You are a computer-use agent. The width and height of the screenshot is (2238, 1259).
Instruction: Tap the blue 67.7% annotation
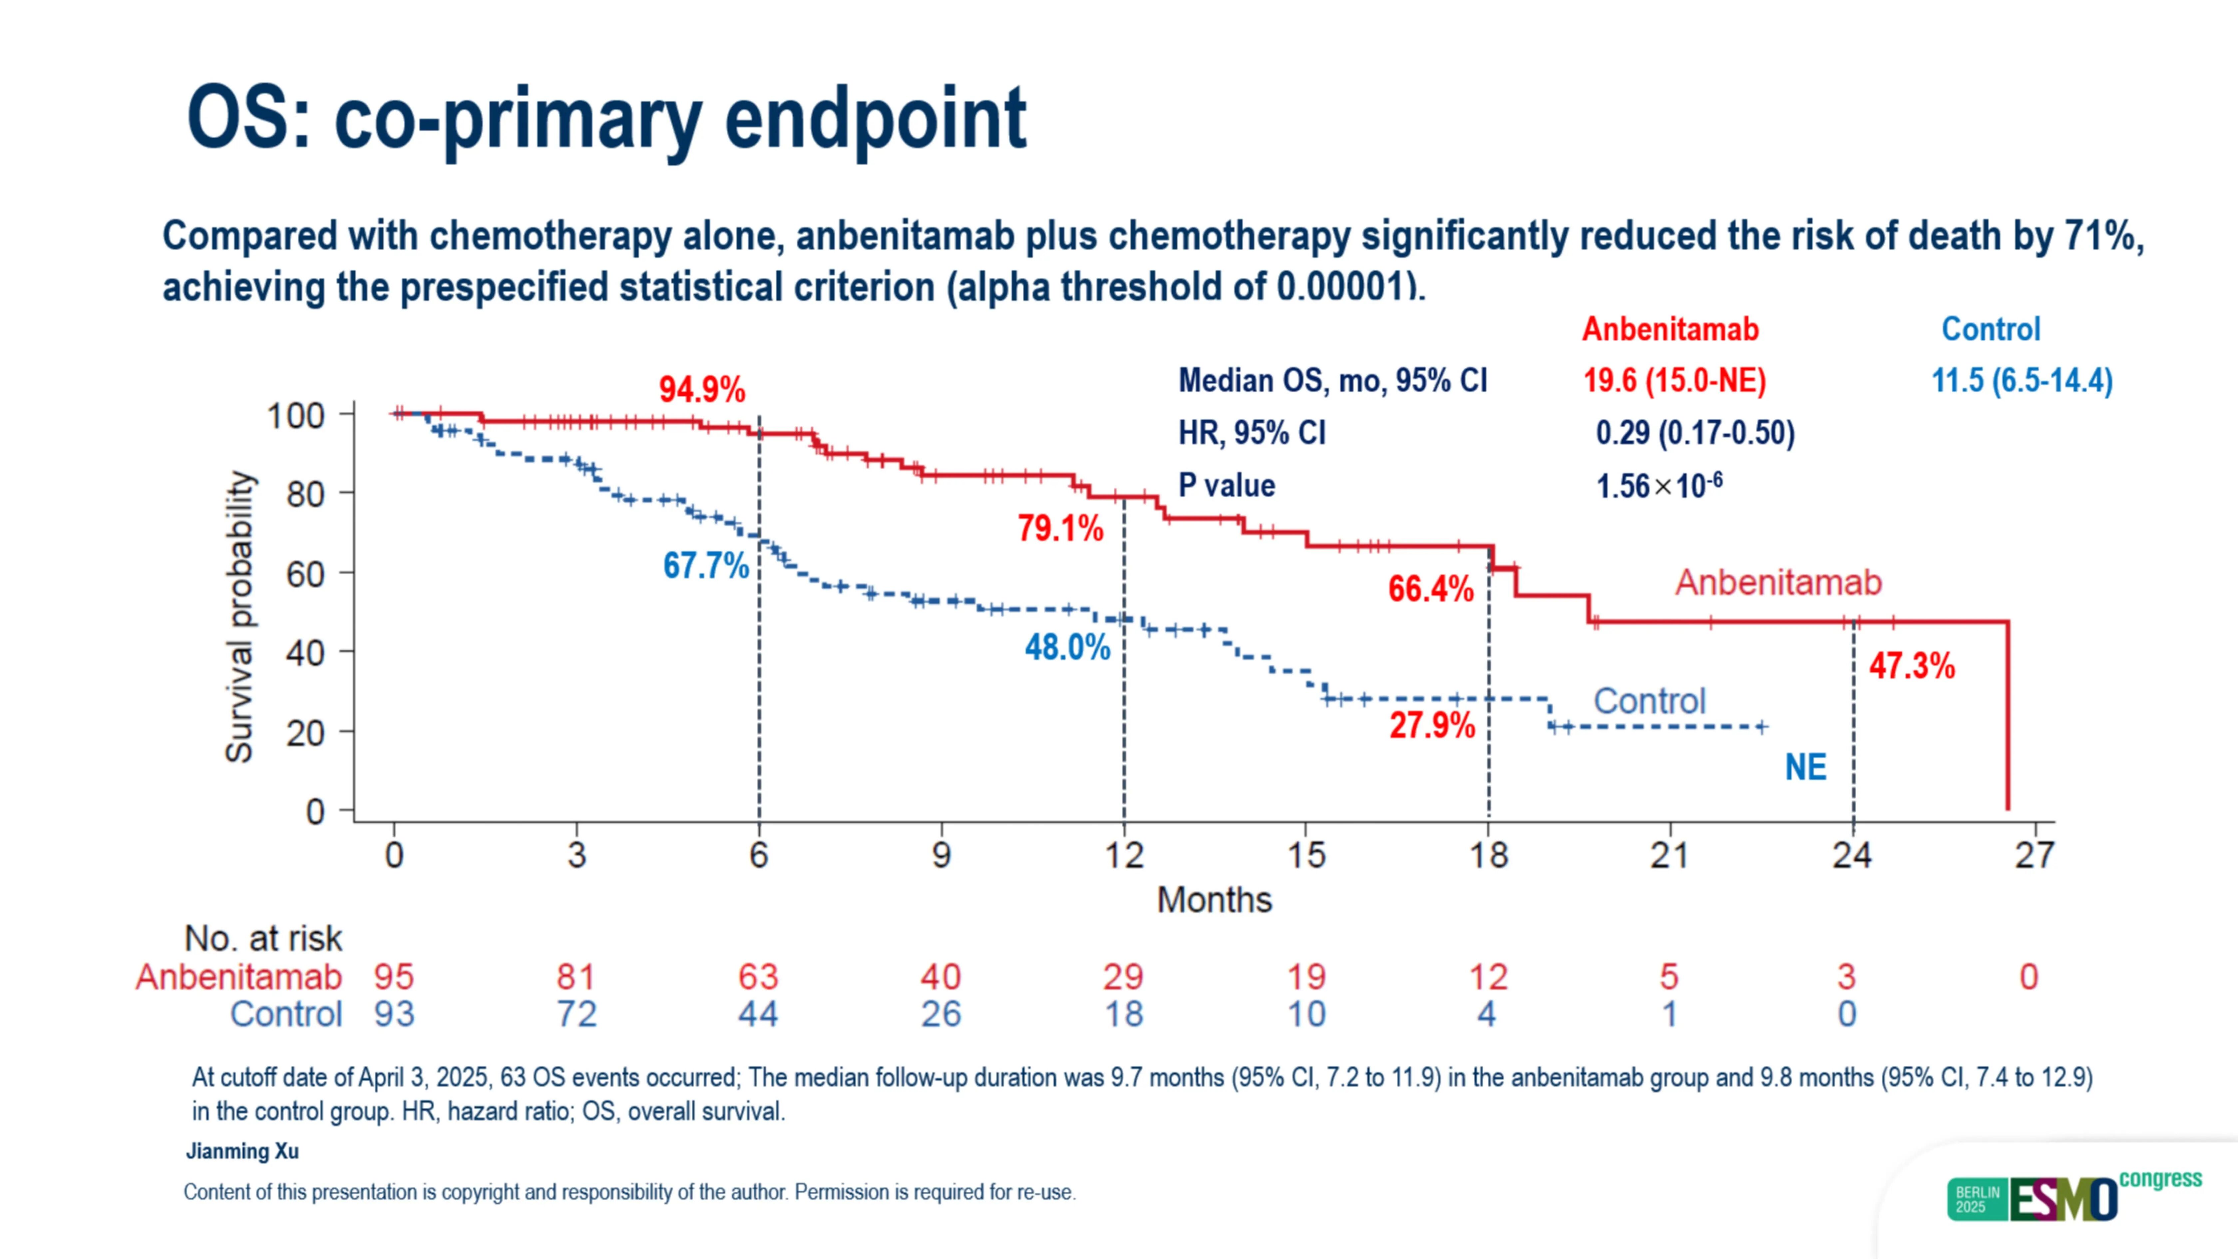coord(705,566)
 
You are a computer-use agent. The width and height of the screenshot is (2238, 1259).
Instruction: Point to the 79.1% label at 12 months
coord(1060,528)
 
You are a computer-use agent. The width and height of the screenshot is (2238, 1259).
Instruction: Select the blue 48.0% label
coord(1067,647)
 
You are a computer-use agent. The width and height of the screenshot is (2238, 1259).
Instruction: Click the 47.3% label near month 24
coord(1911,666)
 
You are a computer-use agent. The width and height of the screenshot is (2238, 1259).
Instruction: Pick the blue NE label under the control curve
coord(1805,767)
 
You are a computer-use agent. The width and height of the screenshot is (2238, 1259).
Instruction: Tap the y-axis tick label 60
coord(306,574)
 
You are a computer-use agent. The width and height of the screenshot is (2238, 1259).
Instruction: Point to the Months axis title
coord(1214,900)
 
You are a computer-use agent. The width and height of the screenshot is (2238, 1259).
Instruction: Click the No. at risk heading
coord(263,938)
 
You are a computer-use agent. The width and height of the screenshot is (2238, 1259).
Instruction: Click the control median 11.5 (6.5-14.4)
coord(2022,381)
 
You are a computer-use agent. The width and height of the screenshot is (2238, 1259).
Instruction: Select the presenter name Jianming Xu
coord(242,1151)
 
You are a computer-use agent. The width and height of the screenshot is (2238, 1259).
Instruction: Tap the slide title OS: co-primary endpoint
coord(606,119)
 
